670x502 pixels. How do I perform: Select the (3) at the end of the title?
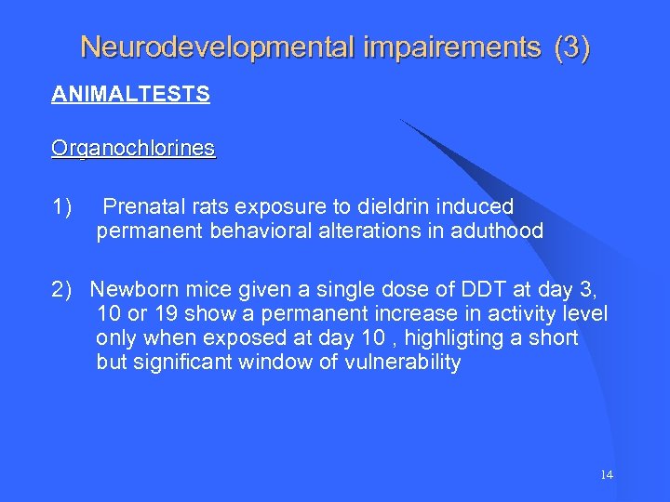tap(570, 47)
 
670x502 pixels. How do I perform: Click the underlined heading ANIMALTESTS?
tap(130, 95)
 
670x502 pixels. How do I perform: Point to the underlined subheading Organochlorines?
tap(133, 149)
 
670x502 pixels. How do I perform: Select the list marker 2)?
tap(64, 289)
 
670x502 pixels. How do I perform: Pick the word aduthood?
tap(499, 231)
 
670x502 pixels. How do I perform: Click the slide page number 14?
tap(606, 474)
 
